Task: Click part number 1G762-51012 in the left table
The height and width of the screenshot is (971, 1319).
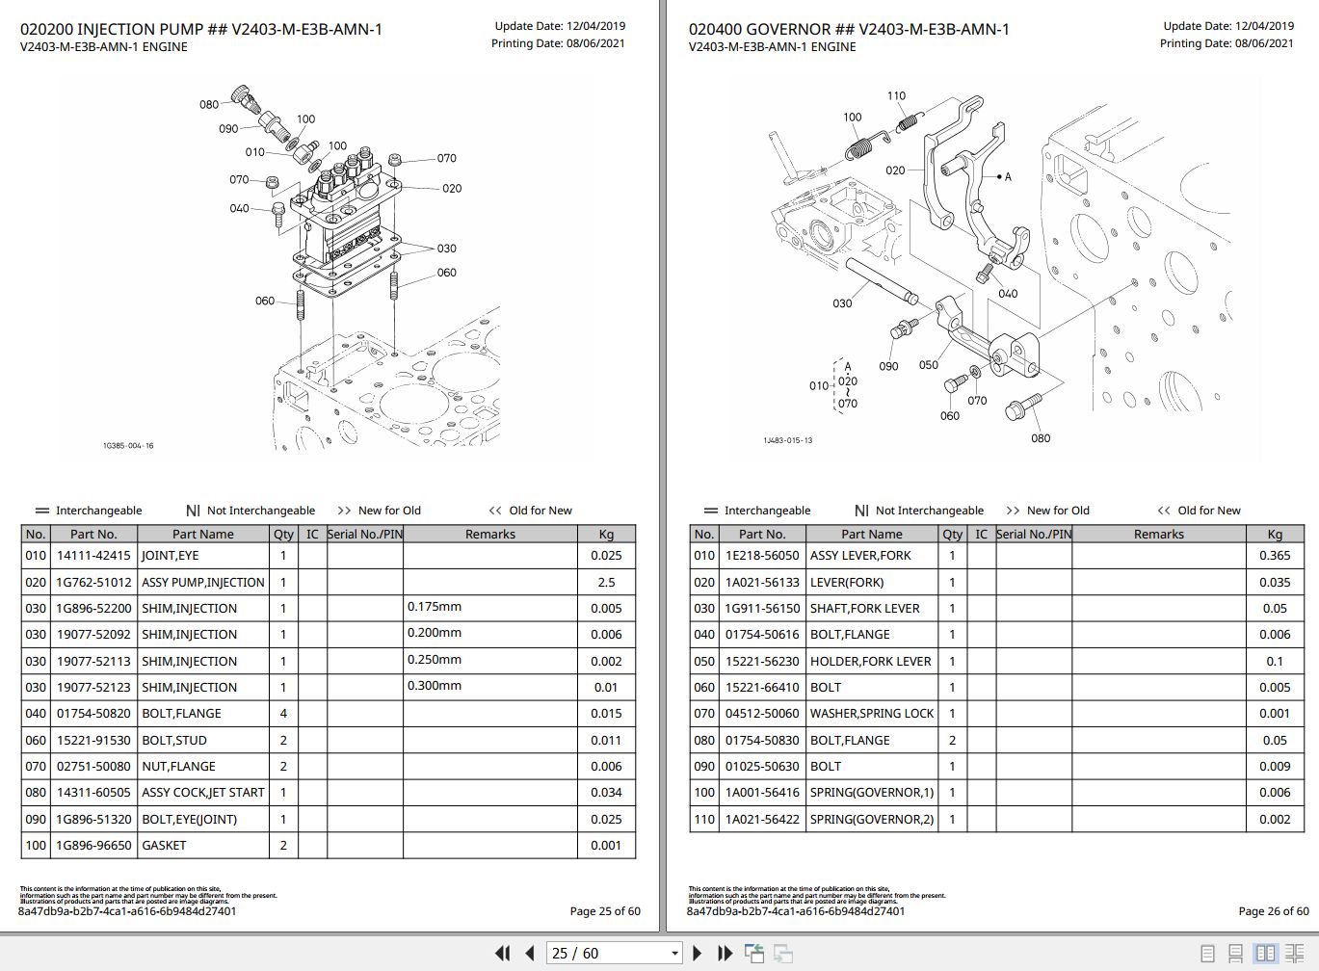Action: pos(93,582)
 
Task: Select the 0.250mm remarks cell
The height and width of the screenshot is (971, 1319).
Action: pos(435,660)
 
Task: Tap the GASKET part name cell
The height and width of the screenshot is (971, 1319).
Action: pos(164,845)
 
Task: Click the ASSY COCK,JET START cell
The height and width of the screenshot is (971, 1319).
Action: pos(202,792)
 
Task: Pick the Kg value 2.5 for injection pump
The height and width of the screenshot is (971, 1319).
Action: pos(606,582)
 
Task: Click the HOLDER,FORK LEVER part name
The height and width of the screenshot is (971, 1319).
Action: pos(870,661)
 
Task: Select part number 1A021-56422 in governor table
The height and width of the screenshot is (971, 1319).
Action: pos(762,819)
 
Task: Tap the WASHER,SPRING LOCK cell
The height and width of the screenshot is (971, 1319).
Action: pos(871,713)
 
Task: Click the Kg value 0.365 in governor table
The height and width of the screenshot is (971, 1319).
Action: pos(1275,555)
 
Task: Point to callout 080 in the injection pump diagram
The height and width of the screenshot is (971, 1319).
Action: pos(209,104)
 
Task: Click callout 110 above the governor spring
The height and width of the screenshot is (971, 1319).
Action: pos(896,95)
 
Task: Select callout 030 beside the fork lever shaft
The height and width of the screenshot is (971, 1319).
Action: pos(842,303)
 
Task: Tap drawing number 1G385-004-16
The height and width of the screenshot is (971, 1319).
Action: pos(128,446)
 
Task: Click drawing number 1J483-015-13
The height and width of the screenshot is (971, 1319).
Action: pos(787,440)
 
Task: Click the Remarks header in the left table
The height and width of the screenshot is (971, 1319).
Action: pos(489,534)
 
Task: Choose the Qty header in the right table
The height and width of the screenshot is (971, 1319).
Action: pos(952,534)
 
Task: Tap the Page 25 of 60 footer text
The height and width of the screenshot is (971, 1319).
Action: pos(604,910)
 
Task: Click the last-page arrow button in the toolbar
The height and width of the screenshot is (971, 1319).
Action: pos(725,953)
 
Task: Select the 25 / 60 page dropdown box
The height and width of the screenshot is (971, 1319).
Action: pos(615,953)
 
